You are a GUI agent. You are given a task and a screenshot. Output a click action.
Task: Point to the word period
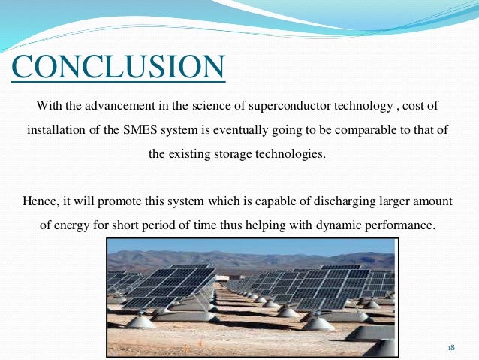tap(173, 225)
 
